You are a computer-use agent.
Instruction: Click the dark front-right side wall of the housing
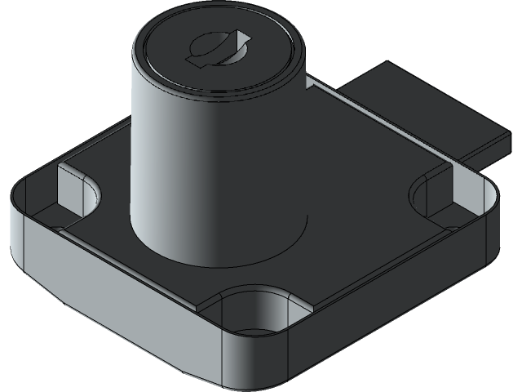383,310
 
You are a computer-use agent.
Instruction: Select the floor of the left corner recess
49,216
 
